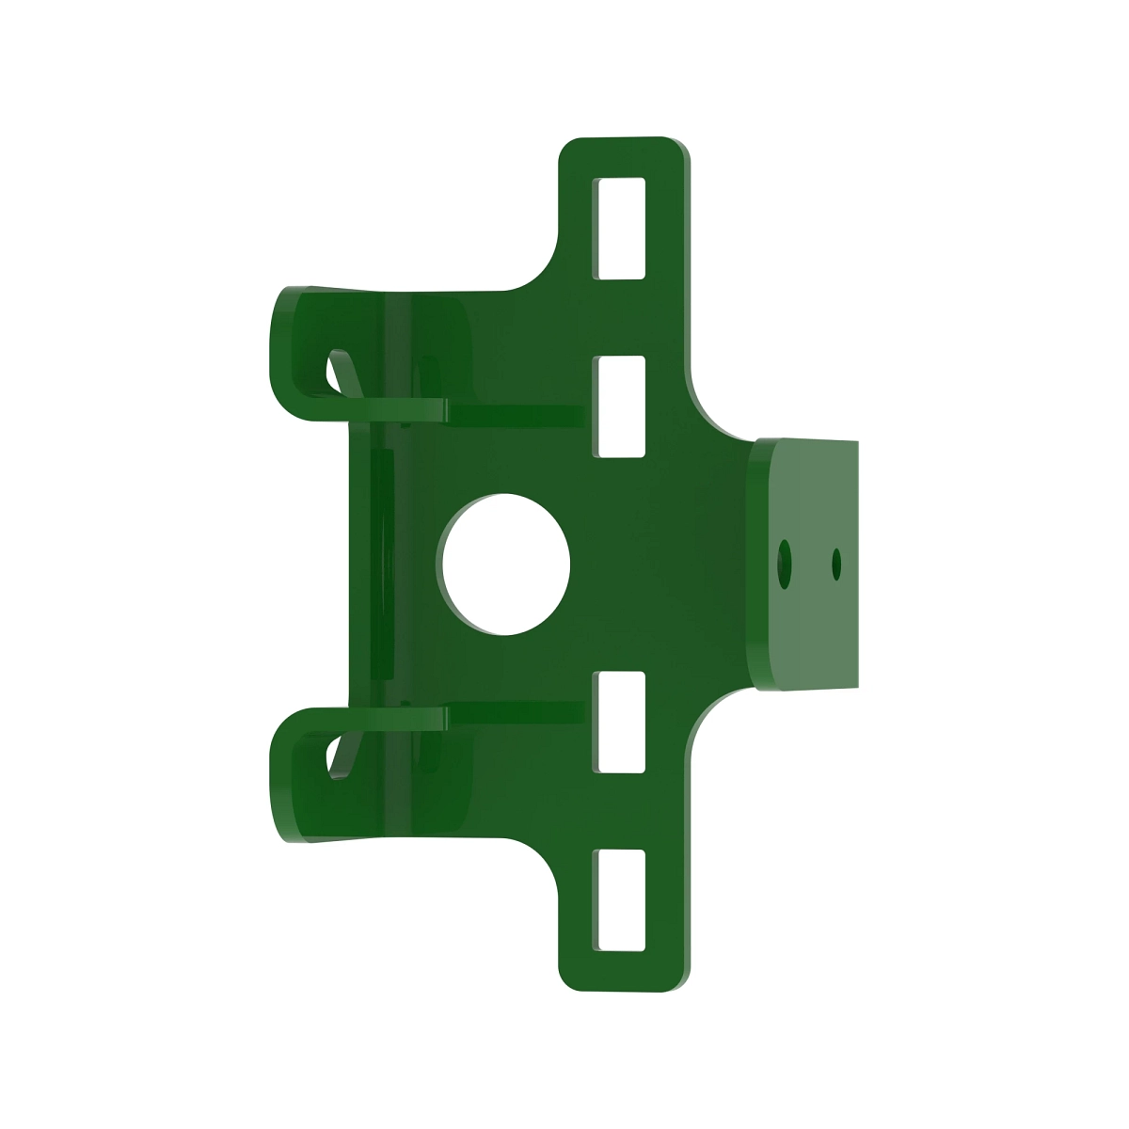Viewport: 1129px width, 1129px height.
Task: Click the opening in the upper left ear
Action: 336,373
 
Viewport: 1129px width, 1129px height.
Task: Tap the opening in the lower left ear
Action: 336,755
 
